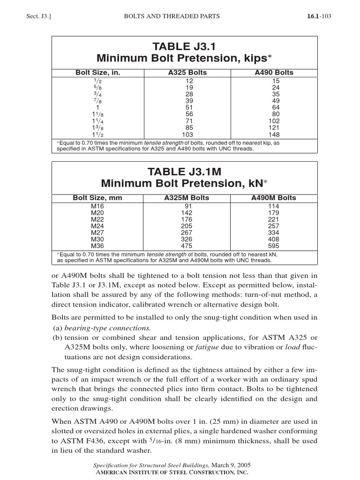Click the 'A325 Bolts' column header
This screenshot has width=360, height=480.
(x=187, y=73)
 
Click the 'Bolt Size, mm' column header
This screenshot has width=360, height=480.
(x=97, y=198)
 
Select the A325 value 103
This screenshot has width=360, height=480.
(x=187, y=134)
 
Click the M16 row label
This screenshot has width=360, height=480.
(x=97, y=205)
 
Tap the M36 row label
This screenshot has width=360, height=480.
(x=97, y=246)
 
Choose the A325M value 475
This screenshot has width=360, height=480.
(x=187, y=246)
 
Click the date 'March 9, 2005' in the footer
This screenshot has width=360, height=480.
(x=230, y=465)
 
